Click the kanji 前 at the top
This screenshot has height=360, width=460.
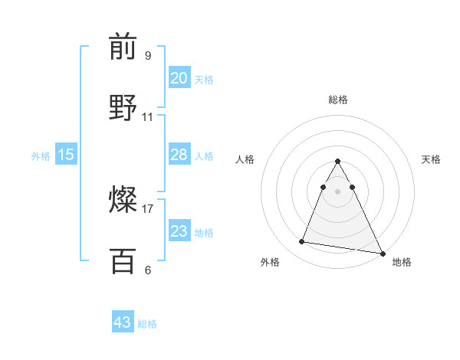(123, 47)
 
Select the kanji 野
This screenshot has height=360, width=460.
(123, 109)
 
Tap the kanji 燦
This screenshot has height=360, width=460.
(123, 201)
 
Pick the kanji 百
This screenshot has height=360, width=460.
(123, 262)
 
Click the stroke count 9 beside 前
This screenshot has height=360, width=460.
(147, 56)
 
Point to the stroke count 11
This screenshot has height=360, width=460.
(148, 117)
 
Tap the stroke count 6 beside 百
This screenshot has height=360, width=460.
(147, 270)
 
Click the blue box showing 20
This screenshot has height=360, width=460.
(179, 78)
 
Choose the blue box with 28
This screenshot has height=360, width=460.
(179, 155)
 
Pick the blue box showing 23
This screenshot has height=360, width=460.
(179, 231)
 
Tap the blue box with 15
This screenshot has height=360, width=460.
(66, 155)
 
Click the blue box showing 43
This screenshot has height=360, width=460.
(123, 322)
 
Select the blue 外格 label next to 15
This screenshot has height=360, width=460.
(41, 156)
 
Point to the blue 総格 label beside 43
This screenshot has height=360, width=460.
(147, 324)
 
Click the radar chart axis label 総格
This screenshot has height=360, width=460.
(337, 100)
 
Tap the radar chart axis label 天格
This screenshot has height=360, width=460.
(431, 159)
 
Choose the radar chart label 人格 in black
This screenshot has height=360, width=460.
(245, 159)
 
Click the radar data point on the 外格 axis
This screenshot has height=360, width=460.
(301, 242)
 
